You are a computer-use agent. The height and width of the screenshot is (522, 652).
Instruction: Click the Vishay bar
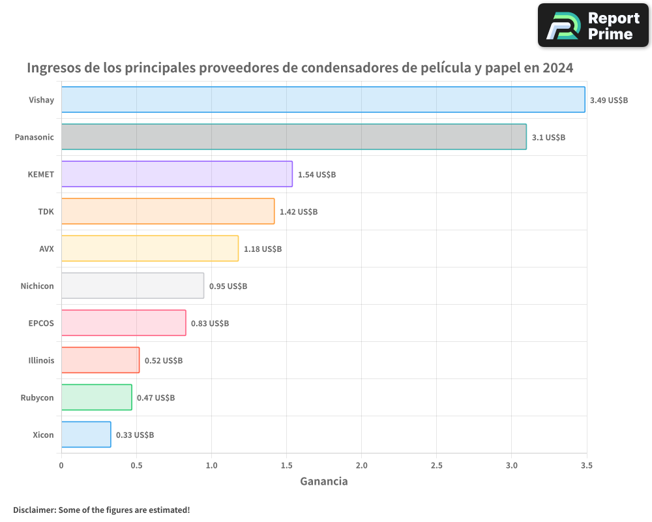(323, 100)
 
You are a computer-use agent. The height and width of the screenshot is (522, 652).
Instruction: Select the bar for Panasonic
(293, 137)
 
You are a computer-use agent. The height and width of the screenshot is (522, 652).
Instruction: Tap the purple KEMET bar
(177, 174)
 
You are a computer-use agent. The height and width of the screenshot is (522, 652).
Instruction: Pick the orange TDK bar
(168, 211)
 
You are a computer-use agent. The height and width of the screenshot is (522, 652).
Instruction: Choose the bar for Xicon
(86, 435)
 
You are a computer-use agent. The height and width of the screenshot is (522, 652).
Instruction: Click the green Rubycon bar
(96, 397)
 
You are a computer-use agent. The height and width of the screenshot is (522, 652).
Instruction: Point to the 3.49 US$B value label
(608, 100)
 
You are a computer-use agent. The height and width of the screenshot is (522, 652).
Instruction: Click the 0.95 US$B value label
(228, 286)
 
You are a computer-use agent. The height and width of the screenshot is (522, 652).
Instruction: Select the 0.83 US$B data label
(210, 324)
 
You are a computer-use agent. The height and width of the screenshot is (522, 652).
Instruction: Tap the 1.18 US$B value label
(263, 249)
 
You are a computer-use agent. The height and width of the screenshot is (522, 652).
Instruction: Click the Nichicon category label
(37, 286)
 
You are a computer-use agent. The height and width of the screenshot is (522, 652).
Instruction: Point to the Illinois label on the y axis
(41, 360)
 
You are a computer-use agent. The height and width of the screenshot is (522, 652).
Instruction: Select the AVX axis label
(46, 249)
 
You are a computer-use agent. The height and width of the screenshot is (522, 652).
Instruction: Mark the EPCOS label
(42, 323)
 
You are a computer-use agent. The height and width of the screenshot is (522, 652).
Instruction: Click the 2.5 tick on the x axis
(436, 466)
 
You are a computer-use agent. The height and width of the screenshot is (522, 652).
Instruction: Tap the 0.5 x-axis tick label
(136, 466)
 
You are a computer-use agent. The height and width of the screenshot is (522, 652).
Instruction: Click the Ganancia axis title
(323, 482)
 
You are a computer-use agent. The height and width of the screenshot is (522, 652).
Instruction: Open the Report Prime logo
(593, 25)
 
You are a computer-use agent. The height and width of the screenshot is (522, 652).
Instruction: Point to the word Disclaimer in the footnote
(34, 510)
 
